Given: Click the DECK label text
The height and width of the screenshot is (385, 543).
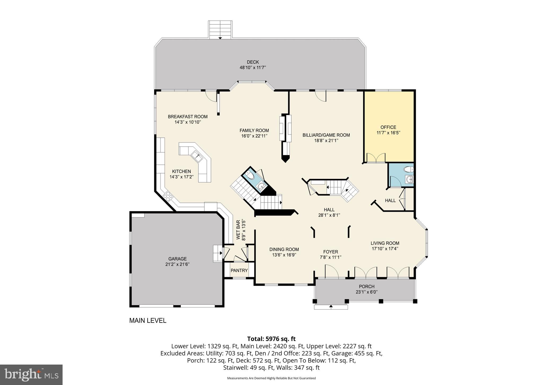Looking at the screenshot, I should click(253, 62).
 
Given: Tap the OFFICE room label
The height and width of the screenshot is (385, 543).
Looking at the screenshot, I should click(388, 127).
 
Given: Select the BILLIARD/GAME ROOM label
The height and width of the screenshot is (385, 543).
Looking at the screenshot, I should click(326, 135).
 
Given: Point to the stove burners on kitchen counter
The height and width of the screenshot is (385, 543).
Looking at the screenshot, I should click(168, 196).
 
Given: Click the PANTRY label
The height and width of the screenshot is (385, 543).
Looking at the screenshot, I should click(239, 270).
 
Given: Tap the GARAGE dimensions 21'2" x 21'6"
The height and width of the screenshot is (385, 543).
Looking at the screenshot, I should click(177, 264).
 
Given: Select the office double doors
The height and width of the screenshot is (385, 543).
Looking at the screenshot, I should click(376, 158).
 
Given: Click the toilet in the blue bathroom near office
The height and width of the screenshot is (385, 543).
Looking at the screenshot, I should click(408, 169).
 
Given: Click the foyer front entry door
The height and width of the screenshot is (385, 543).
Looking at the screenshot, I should click(332, 272).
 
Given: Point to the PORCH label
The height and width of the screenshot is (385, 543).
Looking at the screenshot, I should click(366, 287).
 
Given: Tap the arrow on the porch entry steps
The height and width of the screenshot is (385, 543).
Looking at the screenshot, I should click(331, 306).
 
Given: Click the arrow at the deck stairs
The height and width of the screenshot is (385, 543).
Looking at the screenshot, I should click(220, 38).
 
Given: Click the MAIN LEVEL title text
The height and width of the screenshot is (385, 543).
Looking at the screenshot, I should click(148, 321).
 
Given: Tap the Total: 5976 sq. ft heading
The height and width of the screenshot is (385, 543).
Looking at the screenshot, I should click(271, 339).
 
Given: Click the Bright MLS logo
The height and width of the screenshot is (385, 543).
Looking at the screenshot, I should click(31, 374).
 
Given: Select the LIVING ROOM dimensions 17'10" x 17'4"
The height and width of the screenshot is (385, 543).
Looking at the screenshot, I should click(385, 249).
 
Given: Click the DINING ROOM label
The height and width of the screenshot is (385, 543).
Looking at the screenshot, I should click(284, 249).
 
